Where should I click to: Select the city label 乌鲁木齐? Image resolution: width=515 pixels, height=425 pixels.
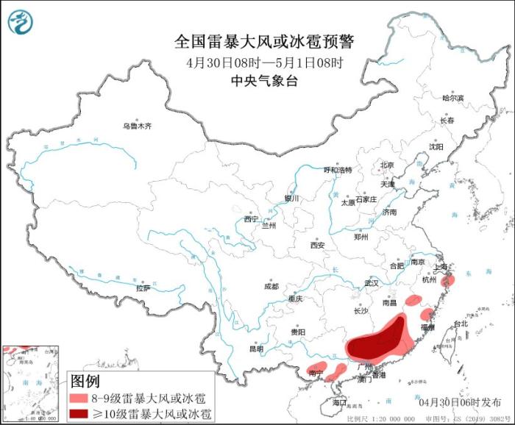(137, 126)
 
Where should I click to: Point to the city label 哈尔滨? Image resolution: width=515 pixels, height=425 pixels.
(453, 98)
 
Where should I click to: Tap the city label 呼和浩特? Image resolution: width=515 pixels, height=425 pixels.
(338, 170)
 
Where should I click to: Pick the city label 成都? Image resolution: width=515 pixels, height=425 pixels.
(271, 286)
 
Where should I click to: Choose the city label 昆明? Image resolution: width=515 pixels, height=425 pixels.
(255, 348)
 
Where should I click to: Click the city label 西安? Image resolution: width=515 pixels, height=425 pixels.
(317, 245)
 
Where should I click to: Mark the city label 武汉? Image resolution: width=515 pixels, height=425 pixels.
(370, 282)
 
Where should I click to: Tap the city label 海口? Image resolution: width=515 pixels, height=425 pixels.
(338, 403)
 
